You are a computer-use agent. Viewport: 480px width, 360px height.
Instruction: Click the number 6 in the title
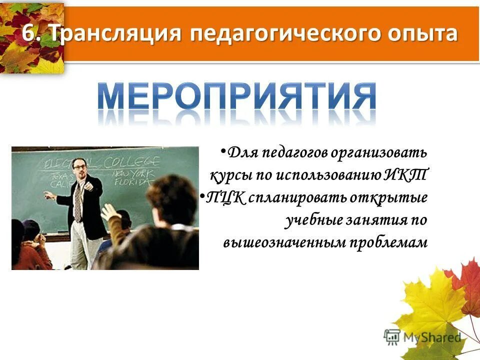(29, 34)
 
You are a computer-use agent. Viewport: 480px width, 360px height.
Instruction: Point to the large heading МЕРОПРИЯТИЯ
(236, 97)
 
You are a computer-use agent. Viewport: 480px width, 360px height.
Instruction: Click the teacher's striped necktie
(78, 200)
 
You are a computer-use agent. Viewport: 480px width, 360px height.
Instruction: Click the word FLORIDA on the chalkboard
(131, 182)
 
